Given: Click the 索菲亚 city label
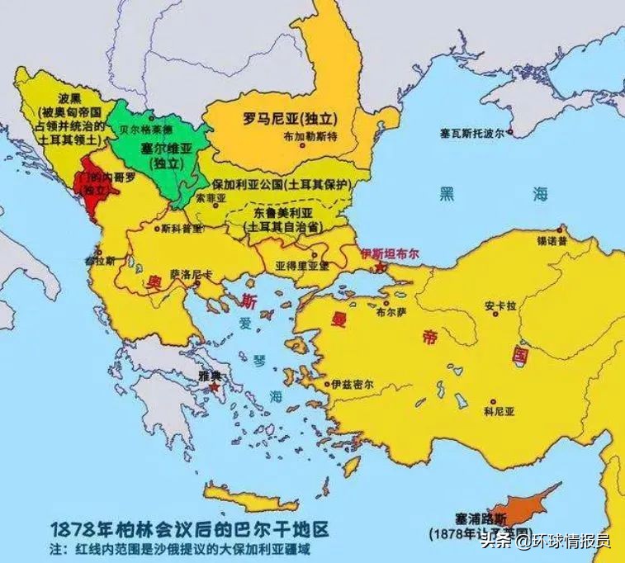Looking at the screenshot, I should click(211, 199).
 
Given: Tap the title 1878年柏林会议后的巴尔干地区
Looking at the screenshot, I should click(184, 528).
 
